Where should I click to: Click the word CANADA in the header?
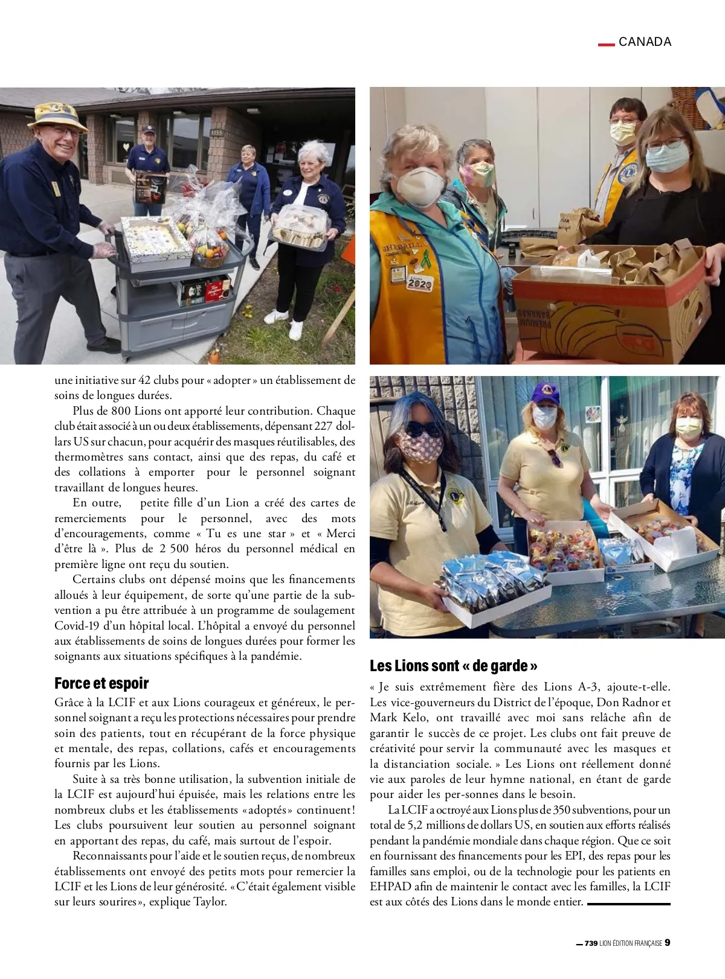[645, 42]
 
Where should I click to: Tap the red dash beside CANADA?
[605, 43]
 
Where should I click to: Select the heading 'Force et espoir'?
[101, 683]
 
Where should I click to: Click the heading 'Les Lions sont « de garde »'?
[454, 666]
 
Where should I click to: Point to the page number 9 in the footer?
[668, 943]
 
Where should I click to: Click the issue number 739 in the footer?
[591, 943]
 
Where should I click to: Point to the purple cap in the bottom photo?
[544, 394]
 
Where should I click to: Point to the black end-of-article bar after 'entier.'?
[629, 904]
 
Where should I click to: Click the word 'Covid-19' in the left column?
[74, 625]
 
